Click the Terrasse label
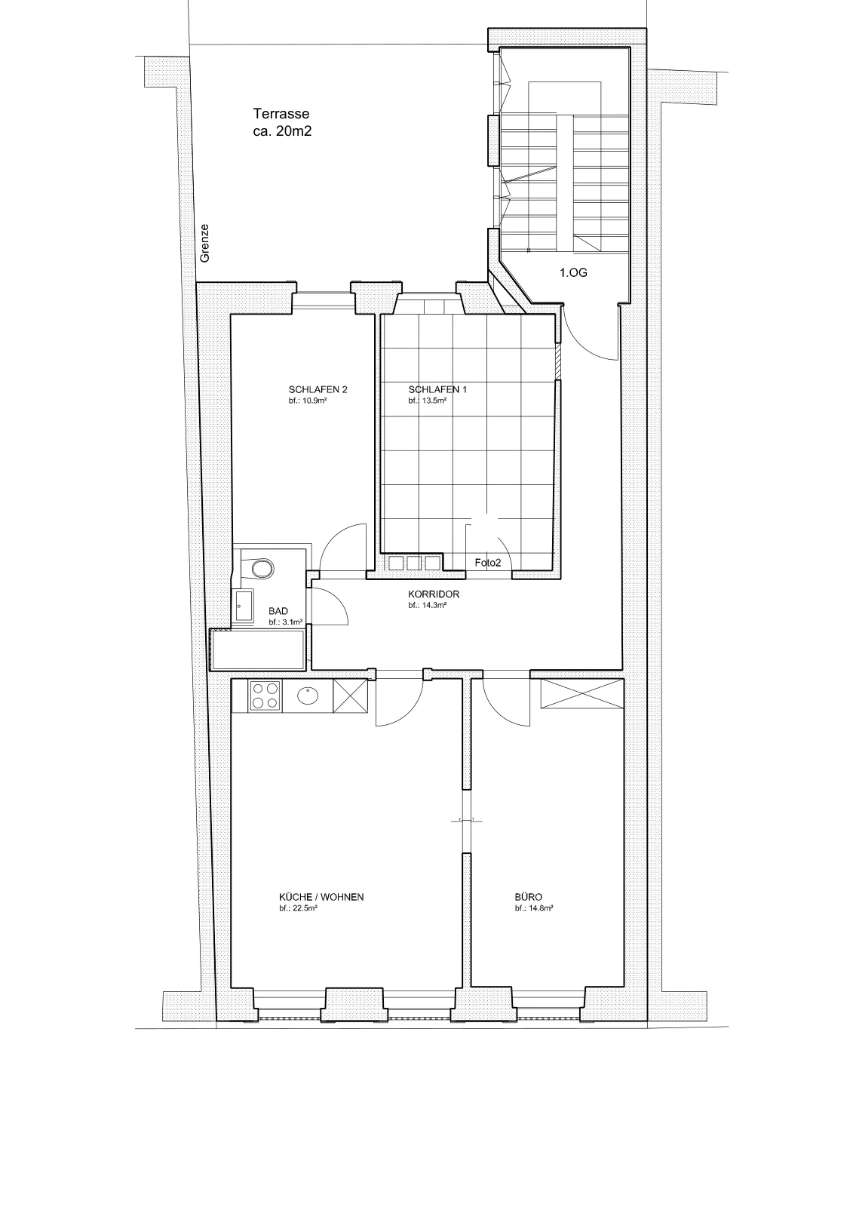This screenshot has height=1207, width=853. pyautogui.click(x=281, y=114)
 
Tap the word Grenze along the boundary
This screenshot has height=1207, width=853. pyautogui.click(x=204, y=243)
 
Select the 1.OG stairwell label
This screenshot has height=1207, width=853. pyautogui.click(x=573, y=272)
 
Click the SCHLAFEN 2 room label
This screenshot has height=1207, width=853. pyautogui.click(x=318, y=389)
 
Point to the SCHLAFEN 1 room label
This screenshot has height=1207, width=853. pyautogui.click(x=437, y=389)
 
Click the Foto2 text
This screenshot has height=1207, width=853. pyautogui.click(x=488, y=563)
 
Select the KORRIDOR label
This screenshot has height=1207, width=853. pyautogui.click(x=434, y=594)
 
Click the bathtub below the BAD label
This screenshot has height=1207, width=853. pyautogui.click(x=258, y=650)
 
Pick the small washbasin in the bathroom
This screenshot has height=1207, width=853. pyautogui.click(x=244, y=607)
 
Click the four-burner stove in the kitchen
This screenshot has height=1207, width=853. pyautogui.click(x=265, y=696)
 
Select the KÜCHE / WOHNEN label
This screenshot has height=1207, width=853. pyautogui.click(x=321, y=897)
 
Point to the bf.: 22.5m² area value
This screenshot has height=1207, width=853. pyautogui.click(x=297, y=908)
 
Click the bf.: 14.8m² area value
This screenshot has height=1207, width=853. pyautogui.click(x=534, y=908)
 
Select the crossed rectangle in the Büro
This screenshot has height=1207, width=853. pyautogui.click(x=582, y=693)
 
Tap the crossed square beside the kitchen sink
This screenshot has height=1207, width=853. pyautogui.click(x=350, y=696)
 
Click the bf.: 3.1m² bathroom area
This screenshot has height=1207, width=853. pyautogui.click(x=286, y=622)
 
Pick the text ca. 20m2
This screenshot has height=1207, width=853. pyautogui.click(x=282, y=131)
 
